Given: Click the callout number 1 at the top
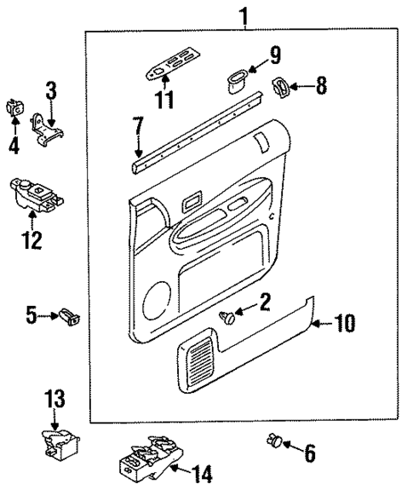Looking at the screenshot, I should coord(244,14).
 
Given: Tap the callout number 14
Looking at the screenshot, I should coord(202,474).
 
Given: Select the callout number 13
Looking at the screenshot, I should coord(54,397).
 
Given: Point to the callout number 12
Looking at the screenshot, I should coord(31,241).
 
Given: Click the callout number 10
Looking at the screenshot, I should coord(345,323).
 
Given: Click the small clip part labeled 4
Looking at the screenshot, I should coord(14,108).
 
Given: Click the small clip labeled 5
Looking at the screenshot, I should coord(68,318).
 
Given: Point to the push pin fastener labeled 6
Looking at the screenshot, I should coord(274,441).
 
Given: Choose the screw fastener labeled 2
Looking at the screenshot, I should coord(228,317).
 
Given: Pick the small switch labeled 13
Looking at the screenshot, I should coord(60,442).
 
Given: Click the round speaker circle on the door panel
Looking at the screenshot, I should coord(158,301).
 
